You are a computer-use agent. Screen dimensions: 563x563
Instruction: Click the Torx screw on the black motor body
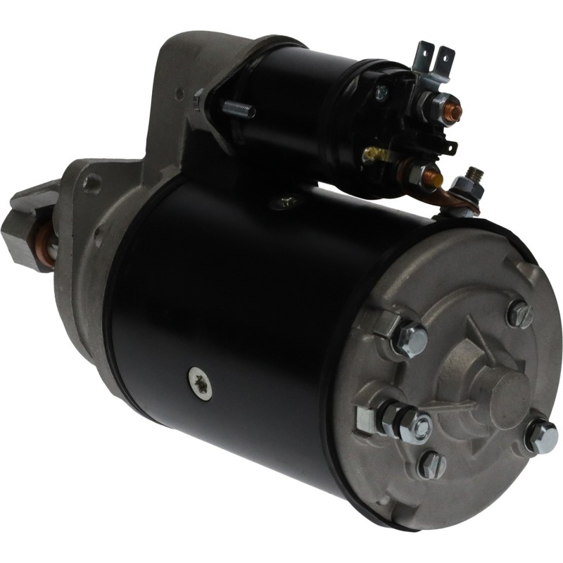pyautogui.click(x=198, y=381)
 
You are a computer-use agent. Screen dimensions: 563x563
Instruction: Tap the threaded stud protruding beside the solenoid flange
pyautogui.click(x=239, y=110)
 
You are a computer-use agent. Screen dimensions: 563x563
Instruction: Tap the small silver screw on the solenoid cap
pyautogui.click(x=381, y=91)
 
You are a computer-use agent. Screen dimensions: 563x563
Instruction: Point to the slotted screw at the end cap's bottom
pyautogui.click(x=431, y=465)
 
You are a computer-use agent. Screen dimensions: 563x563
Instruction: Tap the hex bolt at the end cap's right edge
pyautogui.click(x=541, y=436)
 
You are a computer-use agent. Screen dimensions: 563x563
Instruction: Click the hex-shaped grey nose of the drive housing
pyautogui.click(x=21, y=225)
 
